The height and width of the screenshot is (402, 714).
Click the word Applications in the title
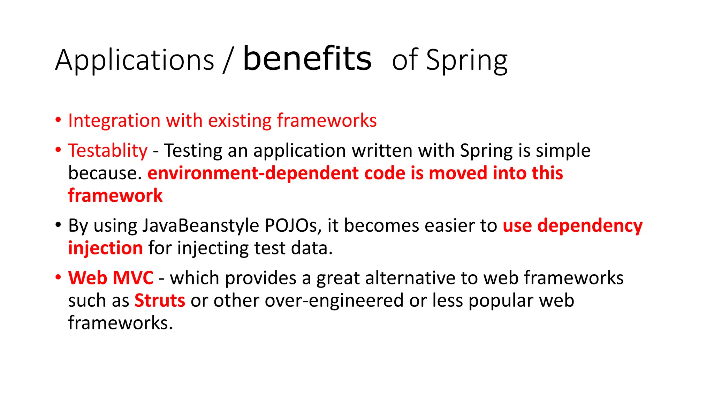[x=135, y=60]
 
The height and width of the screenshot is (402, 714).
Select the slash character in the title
[x=228, y=61]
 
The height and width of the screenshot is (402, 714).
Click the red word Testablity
[x=108, y=151]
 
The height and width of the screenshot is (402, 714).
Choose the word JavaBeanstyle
[x=200, y=225]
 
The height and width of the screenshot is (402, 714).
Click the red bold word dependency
[x=590, y=226]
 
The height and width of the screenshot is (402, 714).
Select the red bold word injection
[x=105, y=248]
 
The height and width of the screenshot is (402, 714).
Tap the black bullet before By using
[x=58, y=224]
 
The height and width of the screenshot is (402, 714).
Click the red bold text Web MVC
[x=111, y=278]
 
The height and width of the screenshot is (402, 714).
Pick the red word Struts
[x=160, y=300]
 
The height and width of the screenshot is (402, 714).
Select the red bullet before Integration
[x=58, y=120]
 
